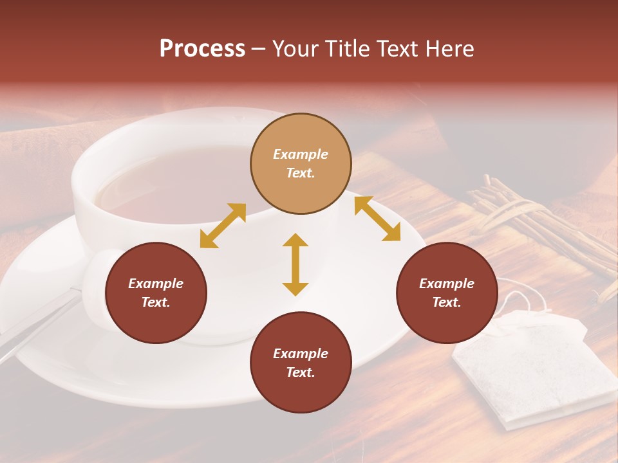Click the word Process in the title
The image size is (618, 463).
tap(202, 49)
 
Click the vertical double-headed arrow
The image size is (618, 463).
tap(295, 264)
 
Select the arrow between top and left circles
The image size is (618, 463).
tap(223, 226)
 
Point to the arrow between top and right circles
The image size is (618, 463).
tap(377, 219)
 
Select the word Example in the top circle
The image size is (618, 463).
tap(301, 154)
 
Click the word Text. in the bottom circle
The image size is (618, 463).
tap(301, 372)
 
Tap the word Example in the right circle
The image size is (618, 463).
tap(447, 284)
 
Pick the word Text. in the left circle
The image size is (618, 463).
tap(156, 302)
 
